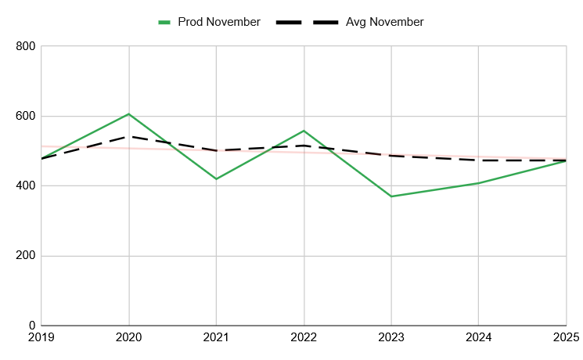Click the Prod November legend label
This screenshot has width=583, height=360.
tap(219, 22)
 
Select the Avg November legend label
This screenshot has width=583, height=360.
tap(385, 22)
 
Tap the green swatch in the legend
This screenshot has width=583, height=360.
tap(164, 22)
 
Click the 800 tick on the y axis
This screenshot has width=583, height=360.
tap(26, 47)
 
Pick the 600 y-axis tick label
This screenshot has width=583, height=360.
tap(26, 117)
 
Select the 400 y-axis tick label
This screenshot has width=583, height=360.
tap(26, 186)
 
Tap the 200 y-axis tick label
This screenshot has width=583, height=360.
tap(26, 256)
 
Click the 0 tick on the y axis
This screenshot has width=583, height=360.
tap(32, 326)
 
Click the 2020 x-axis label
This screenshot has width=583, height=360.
tap(129, 338)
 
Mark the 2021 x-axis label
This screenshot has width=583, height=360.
tap(216, 338)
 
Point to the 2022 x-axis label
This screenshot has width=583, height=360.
tap(304, 338)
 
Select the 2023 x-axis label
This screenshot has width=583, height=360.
tap(391, 338)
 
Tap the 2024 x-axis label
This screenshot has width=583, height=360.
tap(478, 338)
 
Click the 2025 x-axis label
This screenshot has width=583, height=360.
tap(566, 338)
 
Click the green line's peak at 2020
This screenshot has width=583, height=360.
tap(129, 114)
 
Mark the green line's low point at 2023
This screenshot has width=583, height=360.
tap(391, 196)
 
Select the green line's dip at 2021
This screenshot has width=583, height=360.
tap(216, 179)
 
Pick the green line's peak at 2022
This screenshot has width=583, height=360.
tap(304, 131)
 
